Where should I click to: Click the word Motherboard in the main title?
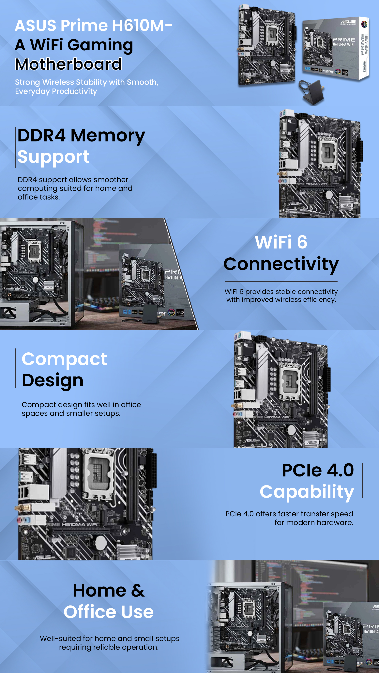[68, 64]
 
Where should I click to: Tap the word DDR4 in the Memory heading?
[41, 135]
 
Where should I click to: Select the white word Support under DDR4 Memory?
[53, 157]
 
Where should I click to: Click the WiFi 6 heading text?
[281, 242]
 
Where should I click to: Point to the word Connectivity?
[281, 264]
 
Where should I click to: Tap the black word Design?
[53, 380]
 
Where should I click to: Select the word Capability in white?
[307, 492]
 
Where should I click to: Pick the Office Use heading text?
[109, 612]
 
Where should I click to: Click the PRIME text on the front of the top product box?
[343, 40]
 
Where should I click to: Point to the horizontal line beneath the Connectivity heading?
[281, 282]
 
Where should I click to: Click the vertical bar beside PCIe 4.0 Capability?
[362, 481]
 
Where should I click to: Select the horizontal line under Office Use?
[109, 628]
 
